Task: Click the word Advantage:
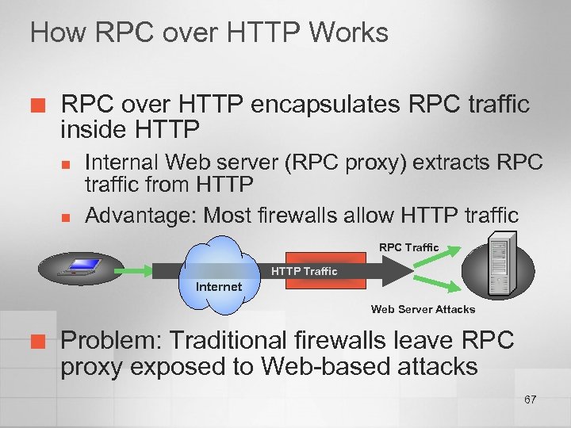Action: click(x=140, y=214)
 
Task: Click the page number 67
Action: click(x=530, y=399)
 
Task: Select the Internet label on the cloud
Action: click(x=219, y=286)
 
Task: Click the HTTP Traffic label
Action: click(x=305, y=271)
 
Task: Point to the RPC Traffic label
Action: click(x=408, y=247)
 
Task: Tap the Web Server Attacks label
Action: click(x=423, y=309)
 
